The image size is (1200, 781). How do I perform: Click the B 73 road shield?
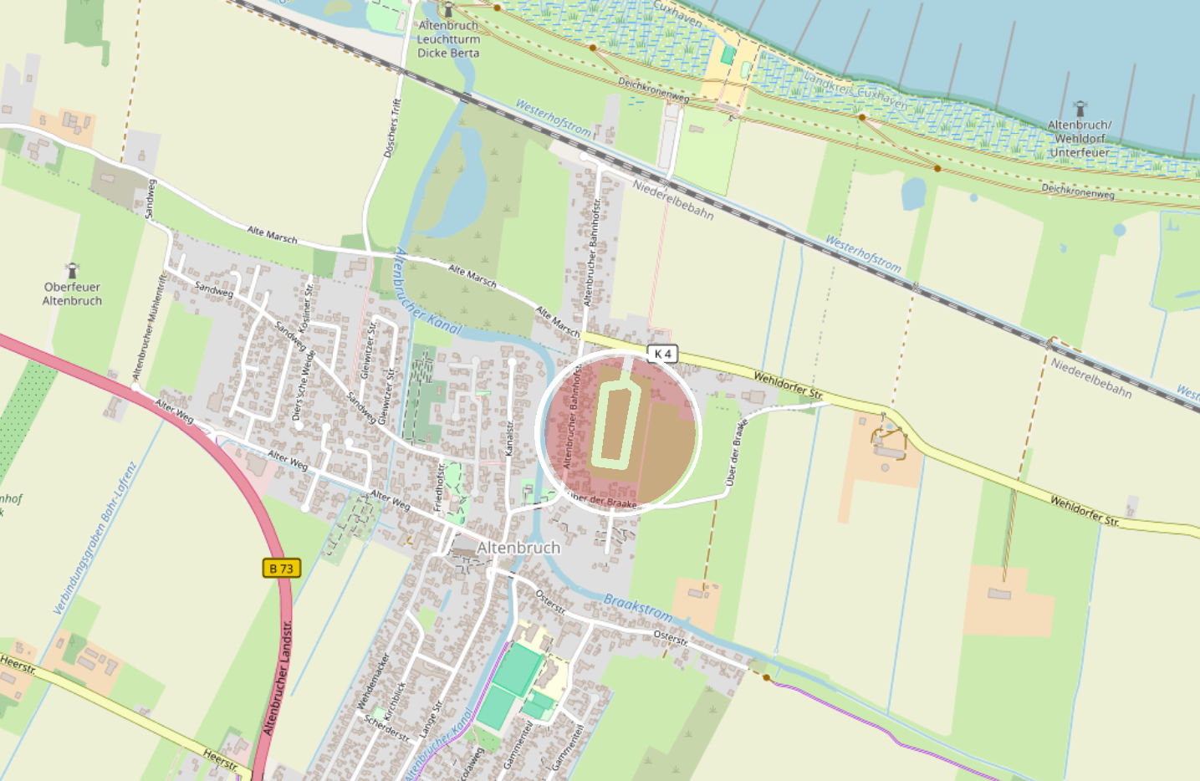(x=281, y=569)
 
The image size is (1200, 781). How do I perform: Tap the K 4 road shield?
(x=662, y=354)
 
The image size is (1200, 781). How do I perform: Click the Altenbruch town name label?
(x=518, y=548)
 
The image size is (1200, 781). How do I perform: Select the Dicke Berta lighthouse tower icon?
(x=448, y=10)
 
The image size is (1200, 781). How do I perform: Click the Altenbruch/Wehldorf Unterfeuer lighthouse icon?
(x=1080, y=109)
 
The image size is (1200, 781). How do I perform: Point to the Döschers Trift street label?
(x=392, y=128)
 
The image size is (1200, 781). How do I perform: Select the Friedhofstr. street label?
(x=439, y=487)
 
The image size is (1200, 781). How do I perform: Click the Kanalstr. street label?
(x=509, y=439)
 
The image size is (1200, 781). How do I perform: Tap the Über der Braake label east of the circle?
(x=733, y=452)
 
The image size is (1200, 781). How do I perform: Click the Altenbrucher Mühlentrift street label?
(x=150, y=327)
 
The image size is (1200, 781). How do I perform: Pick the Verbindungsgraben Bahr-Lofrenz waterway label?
(x=94, y=538)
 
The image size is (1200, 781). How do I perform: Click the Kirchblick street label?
(x=394, y=701)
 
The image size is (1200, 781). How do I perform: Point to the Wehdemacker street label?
(x=373, y=681)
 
